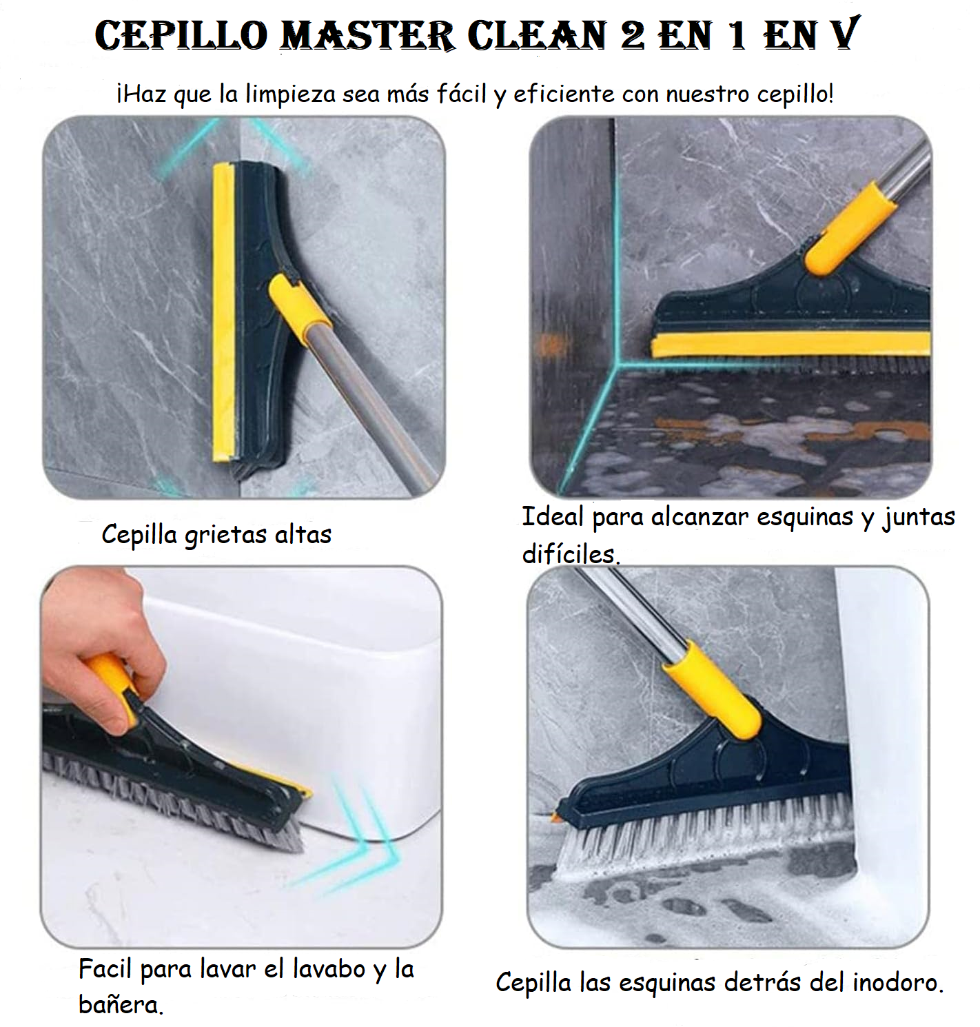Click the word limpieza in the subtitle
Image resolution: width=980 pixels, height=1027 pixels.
[x=290, y=94]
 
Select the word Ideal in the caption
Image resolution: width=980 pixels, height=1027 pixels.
[x=553, y=516]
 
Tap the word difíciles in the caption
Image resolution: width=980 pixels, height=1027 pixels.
[x=571, y=553]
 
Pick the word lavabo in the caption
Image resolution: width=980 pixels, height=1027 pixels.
[x=329, y=968]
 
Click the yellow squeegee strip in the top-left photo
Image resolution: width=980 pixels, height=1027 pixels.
[x=223, y=312]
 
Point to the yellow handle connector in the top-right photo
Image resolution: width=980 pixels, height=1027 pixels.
[x=850, y=227]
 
